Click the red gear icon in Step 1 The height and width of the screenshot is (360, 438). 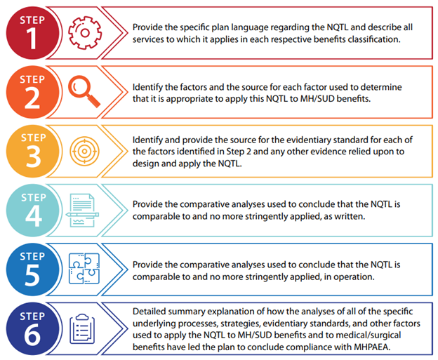85,33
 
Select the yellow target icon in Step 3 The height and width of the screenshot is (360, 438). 84,151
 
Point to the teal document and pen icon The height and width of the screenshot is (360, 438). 82,211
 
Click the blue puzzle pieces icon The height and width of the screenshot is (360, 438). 84,268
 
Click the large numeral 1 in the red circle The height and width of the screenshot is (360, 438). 32,39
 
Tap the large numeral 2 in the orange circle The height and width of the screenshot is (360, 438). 32,98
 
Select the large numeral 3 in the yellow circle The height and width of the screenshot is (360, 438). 33,157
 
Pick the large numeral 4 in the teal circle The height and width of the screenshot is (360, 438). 34,216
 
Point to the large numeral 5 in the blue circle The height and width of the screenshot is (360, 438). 32,275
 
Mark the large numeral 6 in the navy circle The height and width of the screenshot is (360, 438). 32,335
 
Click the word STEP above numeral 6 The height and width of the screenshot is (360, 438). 32,316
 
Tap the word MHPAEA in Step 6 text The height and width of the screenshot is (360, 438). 371,347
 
